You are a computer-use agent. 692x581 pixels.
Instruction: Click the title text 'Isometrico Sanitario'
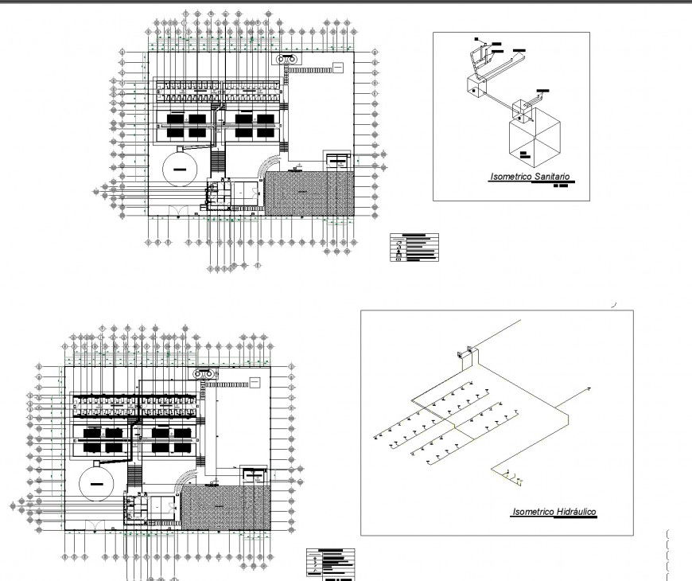click(530, 177)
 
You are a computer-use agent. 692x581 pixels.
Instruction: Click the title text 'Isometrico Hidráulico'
click(554, 512)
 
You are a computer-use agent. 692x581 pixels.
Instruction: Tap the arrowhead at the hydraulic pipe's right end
click(589, 388)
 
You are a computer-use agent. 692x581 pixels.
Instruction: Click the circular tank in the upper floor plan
click(182, 170)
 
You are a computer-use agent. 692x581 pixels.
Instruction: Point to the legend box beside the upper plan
click(414, 247)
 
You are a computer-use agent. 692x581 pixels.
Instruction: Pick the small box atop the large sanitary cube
click(523, 110)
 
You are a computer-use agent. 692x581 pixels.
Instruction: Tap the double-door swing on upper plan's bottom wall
click(181, 212)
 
